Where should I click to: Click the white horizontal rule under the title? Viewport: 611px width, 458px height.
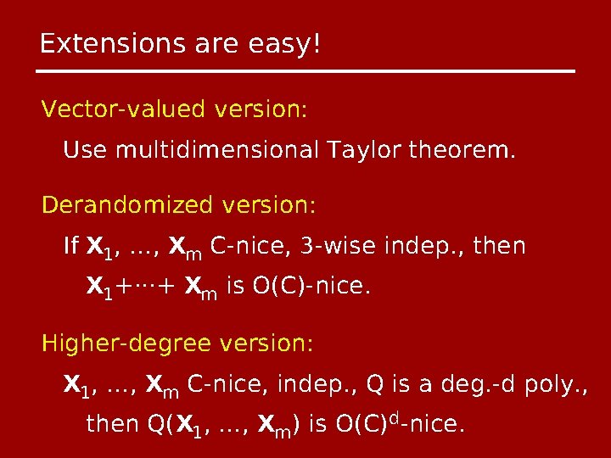pyautogui.click(x=307, y=70)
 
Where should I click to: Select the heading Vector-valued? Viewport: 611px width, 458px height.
pyautogui.click(x=125, y=110)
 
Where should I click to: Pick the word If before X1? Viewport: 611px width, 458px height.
pyautogui.click(x=71, y=247)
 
